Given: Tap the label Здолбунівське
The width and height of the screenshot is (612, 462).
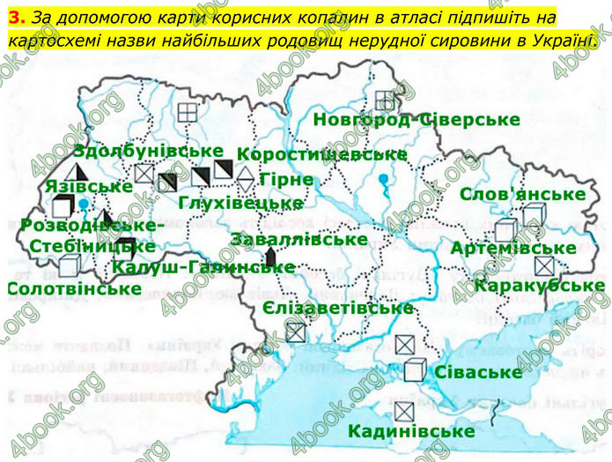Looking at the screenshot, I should [x=148, y=151].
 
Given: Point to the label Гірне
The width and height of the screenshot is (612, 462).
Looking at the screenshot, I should [x=286, y=179].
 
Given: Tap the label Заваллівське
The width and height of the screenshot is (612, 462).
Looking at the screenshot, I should [x=299, y=238].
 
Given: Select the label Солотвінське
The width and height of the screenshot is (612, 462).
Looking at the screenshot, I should [x=73, y=287].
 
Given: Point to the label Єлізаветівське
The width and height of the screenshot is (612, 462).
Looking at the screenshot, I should [x=338, y=308].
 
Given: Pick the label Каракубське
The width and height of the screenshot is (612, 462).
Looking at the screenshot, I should [x=539, y=285].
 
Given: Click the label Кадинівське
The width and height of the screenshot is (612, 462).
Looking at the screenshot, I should [x=411, y=431].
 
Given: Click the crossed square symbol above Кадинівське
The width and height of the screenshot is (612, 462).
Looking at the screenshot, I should [x=404, y=410].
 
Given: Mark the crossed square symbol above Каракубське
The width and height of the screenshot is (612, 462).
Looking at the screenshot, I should [x=546, y=265].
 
